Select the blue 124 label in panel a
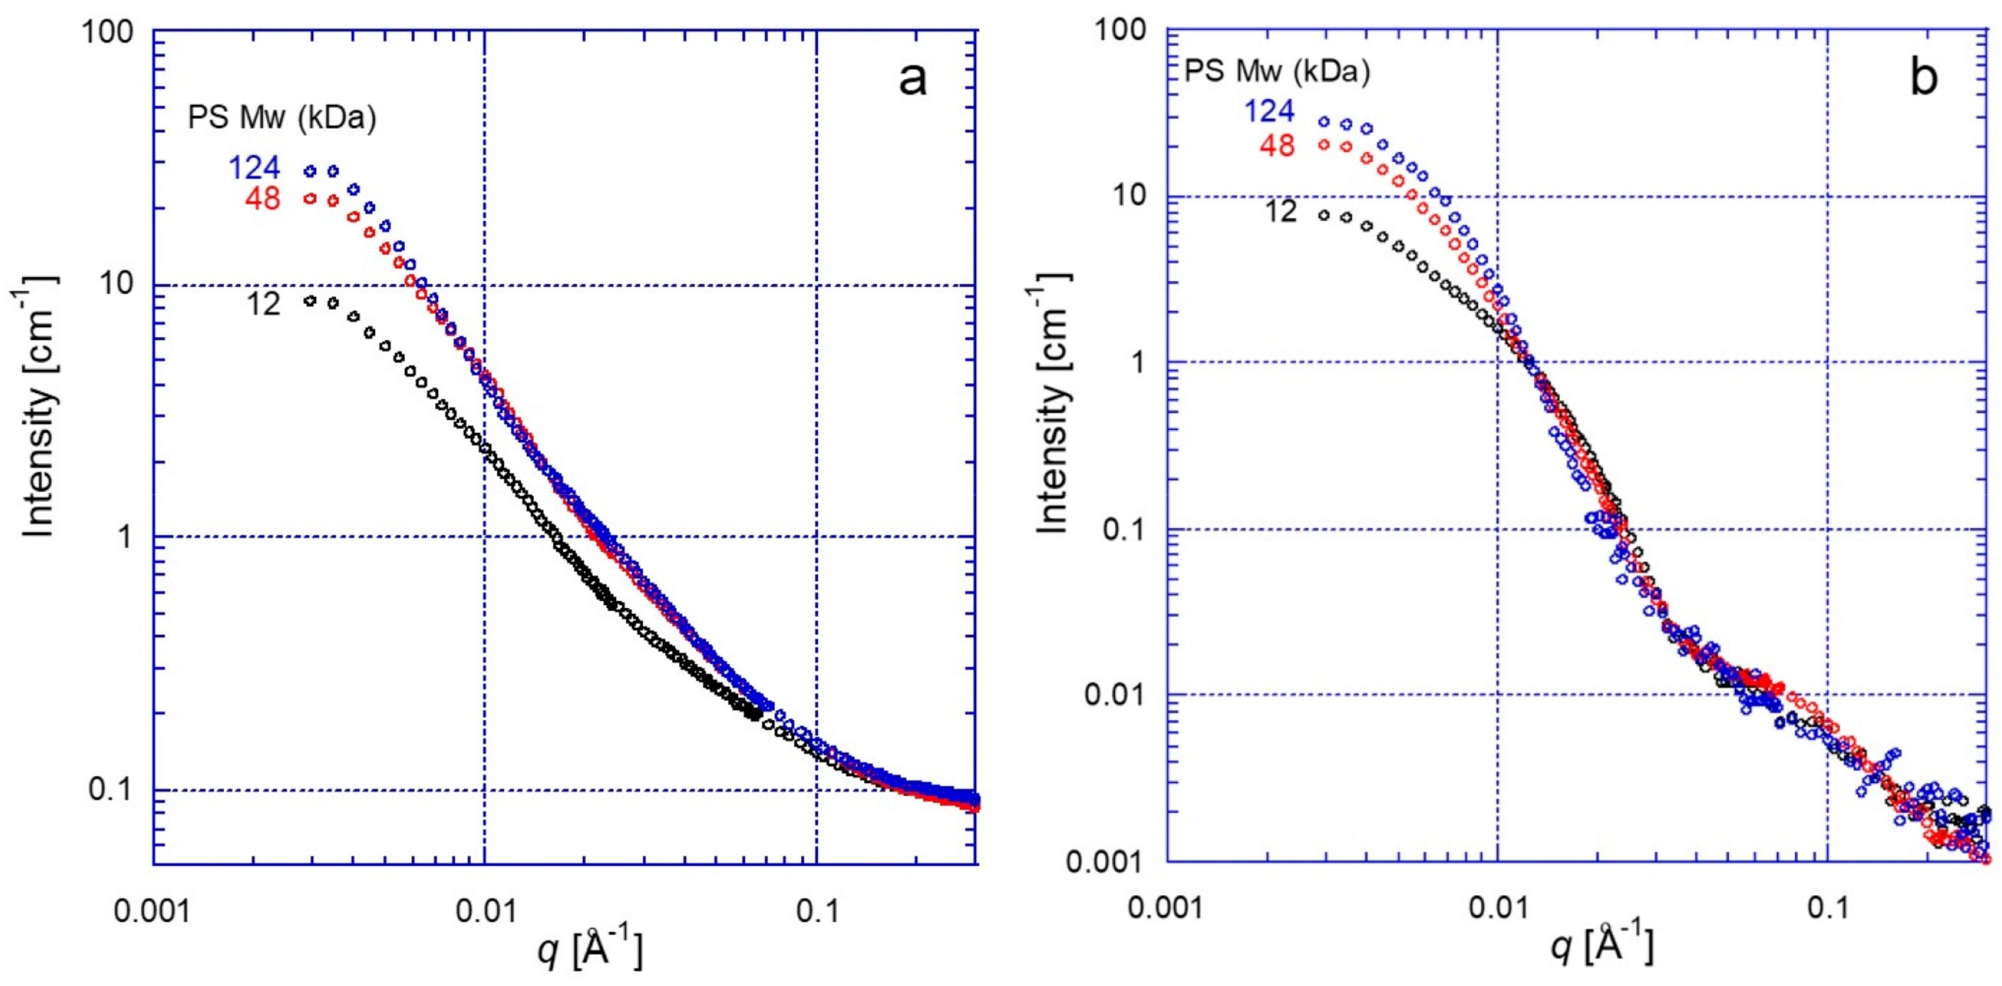tap(253, 169)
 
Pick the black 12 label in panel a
tap(263, 304)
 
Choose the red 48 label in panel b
tap(1277, 145)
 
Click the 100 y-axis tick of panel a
tap(115, 32)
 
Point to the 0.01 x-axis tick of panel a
tap(486, 910)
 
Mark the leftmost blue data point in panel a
tap(311, 171)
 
